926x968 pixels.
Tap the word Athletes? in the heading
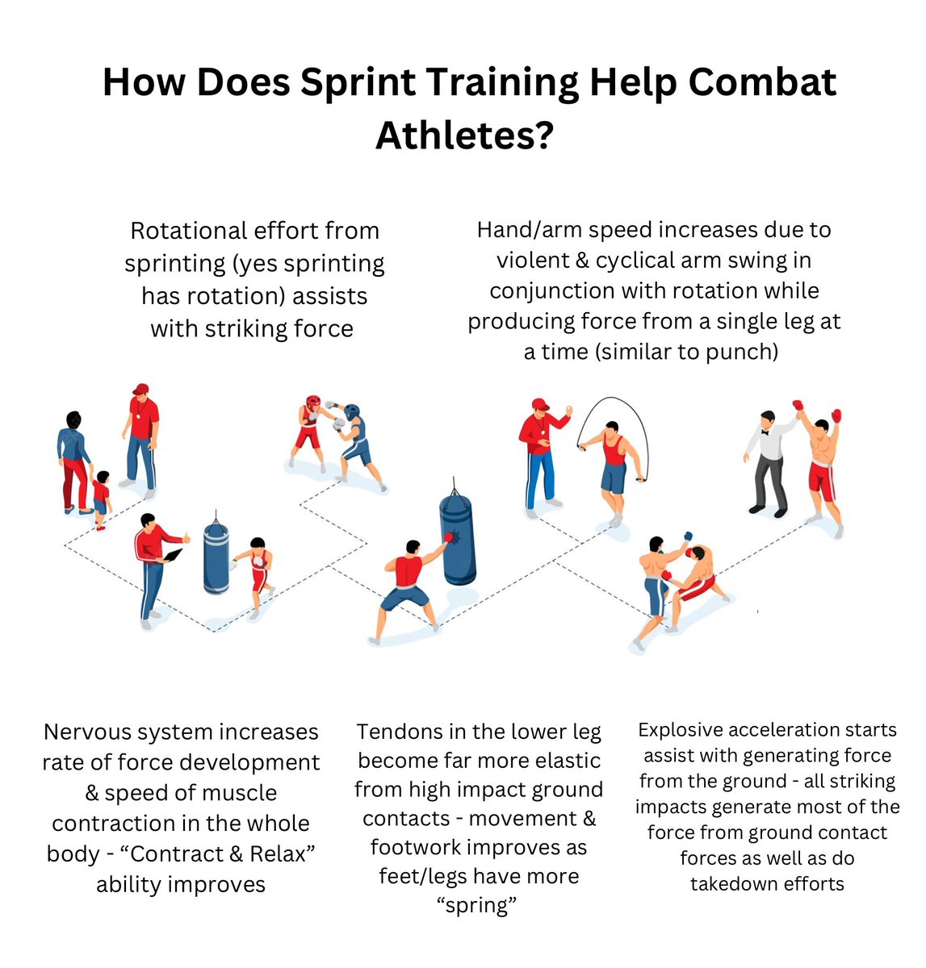pyautogui.click(x=464, y=135)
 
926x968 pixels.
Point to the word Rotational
pyautogui.click(x=187, y=231)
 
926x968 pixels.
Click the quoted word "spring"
pyautogui.click(x=476, y=905)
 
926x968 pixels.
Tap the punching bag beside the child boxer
pyautogui.click(x=216, y=557)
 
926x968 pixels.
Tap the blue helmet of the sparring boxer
pyautogui.click(x=352, y=412)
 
